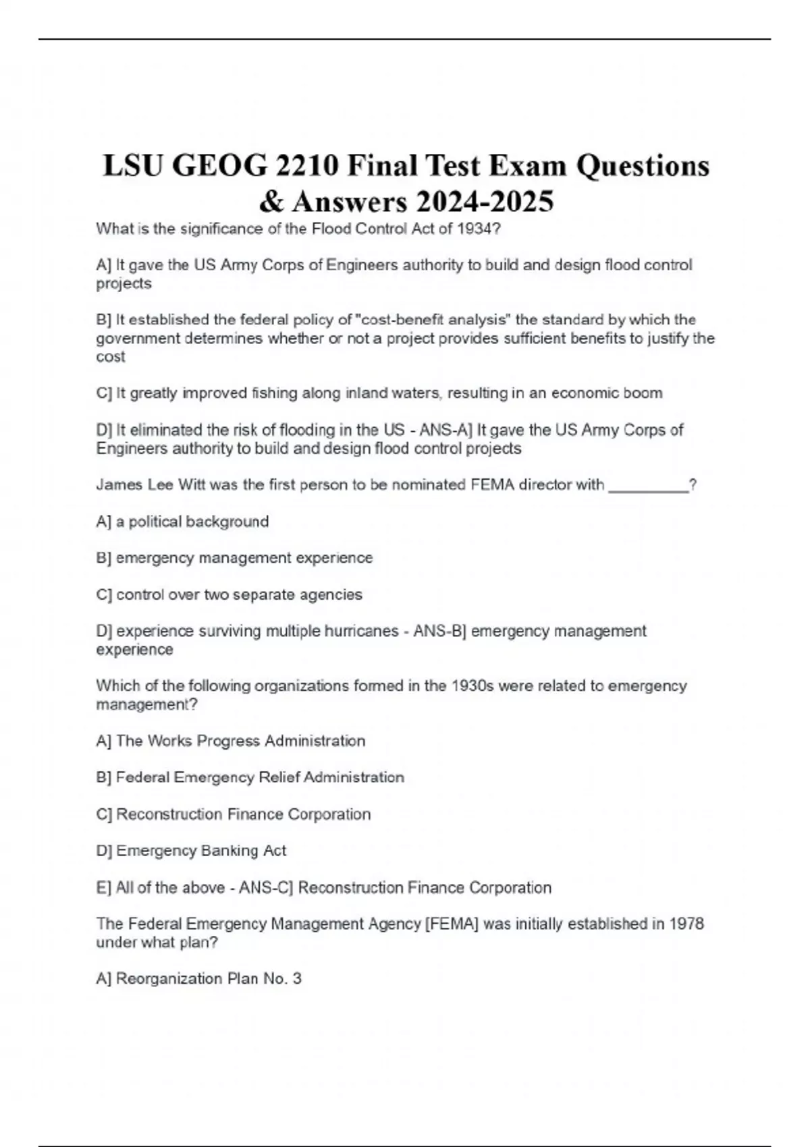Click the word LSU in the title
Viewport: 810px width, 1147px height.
132,166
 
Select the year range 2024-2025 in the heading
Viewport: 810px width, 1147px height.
485,201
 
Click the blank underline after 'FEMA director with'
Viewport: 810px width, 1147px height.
648,485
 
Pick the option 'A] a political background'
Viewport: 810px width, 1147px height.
183,522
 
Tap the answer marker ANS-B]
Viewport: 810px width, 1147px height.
439,631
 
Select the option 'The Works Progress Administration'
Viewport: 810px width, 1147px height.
240,741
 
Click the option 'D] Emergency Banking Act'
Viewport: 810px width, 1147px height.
192,851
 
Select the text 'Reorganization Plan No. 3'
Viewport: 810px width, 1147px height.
209,978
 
